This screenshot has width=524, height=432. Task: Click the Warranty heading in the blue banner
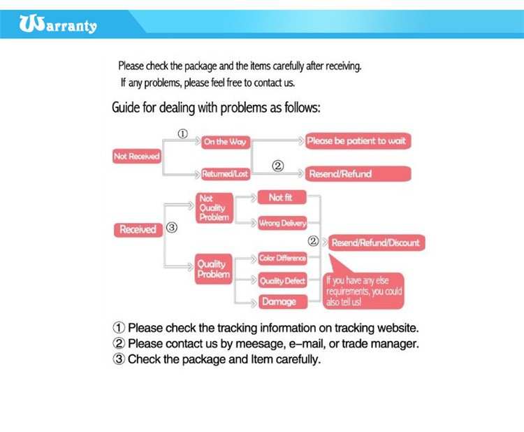tap(59, 26)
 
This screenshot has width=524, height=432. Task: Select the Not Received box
tap(136, 157)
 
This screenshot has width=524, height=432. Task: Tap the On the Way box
tap(225, 141)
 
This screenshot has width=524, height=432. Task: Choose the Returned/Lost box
tap(225, 174)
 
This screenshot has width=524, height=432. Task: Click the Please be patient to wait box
tap(356, 141)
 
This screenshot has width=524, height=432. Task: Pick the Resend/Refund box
tap(357, 173)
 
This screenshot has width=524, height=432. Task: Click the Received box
tap(137, 229)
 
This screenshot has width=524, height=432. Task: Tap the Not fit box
tap(282, 198)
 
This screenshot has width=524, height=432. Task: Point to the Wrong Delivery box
tap(282, 223)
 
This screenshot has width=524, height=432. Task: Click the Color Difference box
tap(282, 258)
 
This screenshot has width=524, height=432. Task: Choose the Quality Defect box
tap(282, 281)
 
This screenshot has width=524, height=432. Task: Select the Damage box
tap(278, 302)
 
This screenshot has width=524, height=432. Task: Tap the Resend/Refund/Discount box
tap(375, 243)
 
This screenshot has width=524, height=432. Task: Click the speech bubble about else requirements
tap(364, 289)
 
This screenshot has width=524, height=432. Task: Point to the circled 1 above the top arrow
tap(182, 134)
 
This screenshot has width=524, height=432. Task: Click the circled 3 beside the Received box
tap(172, 228)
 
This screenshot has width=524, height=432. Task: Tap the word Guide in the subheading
tap(126, 108)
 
